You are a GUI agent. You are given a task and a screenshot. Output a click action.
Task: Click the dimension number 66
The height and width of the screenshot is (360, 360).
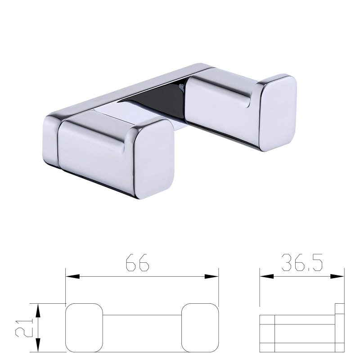click(138, 262)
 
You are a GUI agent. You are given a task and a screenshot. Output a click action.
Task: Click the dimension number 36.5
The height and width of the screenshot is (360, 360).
click(301, 262)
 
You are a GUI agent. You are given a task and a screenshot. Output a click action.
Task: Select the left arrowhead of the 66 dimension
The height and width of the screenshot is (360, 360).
click(72, 276)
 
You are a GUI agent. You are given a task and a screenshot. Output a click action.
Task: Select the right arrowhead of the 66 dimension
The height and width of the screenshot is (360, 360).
click(211, 276)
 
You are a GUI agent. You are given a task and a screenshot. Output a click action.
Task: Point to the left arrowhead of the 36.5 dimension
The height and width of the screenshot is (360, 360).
click(267, 276)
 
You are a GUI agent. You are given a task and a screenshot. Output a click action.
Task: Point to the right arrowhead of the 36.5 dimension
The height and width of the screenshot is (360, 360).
click(337, 276)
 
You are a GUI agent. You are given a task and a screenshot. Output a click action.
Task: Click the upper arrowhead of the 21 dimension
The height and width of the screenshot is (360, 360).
click(38, 310)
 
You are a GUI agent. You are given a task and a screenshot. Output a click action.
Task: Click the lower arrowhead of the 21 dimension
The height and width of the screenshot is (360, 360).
click(38, 345)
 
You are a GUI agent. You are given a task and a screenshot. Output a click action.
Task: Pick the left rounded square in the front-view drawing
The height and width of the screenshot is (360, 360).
click(84, 328)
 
